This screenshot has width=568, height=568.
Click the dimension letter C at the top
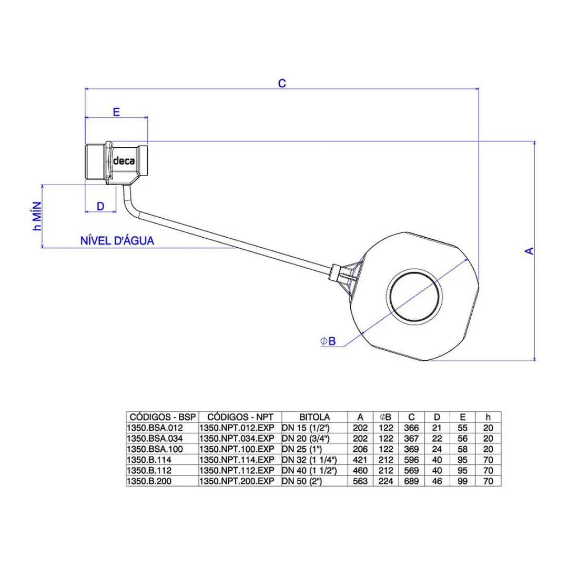[x=282, y=83]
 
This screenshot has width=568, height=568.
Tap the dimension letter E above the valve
[x=116, y=112]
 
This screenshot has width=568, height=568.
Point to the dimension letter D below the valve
[x=100, y=206]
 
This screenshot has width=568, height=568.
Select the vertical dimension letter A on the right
[x=530, y=251]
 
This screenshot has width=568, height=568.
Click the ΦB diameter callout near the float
[x=328, y=341]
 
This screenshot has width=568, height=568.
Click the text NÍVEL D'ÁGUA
[x=117, y=241]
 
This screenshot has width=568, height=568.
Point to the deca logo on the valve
[x=124, y=160]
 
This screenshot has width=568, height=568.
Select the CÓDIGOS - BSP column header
[x=163, y=417]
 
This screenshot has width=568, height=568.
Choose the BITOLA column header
[x=315, y=417]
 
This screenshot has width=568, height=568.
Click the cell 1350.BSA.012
[x=155, y=428]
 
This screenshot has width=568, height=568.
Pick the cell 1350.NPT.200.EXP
[x=237, y=481]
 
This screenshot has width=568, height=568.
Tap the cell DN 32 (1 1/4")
[x=309, y=460]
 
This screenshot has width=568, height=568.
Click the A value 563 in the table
[x=360, y=481]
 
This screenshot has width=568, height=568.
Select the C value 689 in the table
[x=411, y=481]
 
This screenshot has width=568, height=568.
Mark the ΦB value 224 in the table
[x=386, y=481]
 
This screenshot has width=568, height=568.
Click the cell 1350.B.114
[x=149, y=460]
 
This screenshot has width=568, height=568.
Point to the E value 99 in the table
[x=463, y=481]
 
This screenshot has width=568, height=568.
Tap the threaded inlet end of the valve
[x=95, y=161]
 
